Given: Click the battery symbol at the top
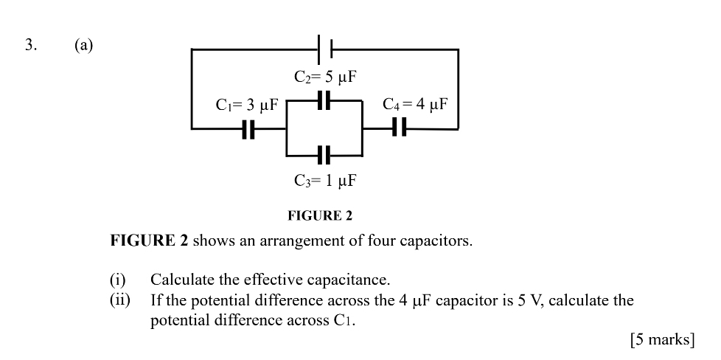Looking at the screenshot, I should point(324,49).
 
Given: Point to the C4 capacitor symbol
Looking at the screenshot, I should point(399,128).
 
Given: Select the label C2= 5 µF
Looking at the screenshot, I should point(325,77).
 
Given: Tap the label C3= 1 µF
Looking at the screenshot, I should point(325,180).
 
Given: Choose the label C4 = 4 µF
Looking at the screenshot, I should point(416,103).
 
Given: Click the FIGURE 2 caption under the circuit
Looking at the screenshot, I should point(319,216).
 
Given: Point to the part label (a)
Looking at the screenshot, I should point(83,45).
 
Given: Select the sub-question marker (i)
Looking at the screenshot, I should point(118,280).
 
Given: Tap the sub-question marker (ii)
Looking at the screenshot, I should point(120,300).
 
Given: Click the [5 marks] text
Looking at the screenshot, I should point(662,339).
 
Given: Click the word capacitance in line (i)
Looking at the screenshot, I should point(349,280).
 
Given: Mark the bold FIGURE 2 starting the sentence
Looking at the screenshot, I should point(149,241).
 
